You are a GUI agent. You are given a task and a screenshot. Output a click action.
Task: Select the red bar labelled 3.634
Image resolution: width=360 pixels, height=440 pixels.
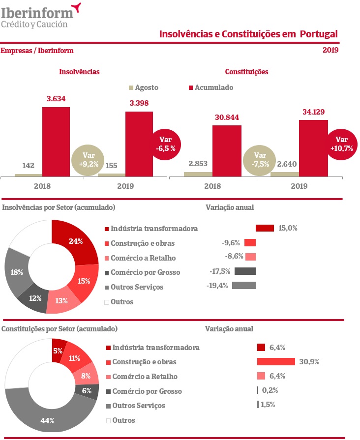point(56,141)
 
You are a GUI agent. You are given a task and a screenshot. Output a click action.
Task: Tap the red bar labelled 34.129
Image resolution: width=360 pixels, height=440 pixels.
point(313,147)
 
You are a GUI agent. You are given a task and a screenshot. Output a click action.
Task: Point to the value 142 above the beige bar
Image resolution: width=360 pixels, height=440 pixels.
point(29,166)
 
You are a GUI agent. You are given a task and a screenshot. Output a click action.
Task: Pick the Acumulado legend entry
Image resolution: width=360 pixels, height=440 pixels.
point(210,88)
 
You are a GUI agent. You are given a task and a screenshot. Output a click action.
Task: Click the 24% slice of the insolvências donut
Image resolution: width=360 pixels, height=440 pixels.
point(76,242)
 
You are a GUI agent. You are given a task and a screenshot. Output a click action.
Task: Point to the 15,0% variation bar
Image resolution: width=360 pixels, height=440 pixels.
point(265,228)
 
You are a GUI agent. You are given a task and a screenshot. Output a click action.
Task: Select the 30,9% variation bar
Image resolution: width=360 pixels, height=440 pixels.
point(276,362)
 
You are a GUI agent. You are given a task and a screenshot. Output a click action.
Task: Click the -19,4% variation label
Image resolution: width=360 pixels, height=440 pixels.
point(217,286)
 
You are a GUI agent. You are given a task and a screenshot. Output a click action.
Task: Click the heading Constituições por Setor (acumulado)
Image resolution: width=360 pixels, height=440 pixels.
point(60,328)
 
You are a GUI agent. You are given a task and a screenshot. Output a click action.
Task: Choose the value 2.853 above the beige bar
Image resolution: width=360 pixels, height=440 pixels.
point(198,163)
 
